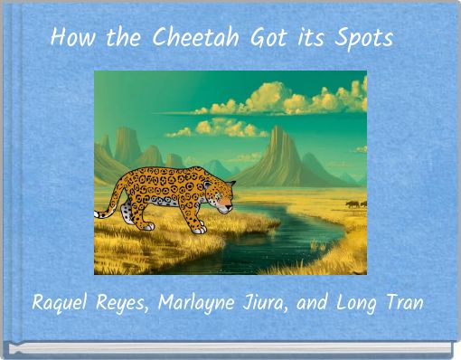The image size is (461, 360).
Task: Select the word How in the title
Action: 73,37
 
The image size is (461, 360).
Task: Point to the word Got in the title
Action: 268,37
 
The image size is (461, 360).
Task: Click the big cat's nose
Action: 230,208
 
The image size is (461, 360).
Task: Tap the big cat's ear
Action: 230,183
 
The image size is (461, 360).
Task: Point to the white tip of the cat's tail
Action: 97,214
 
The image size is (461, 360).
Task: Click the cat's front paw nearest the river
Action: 199,230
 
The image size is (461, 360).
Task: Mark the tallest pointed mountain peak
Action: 277,128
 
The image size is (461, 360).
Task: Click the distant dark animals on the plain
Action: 356,204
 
